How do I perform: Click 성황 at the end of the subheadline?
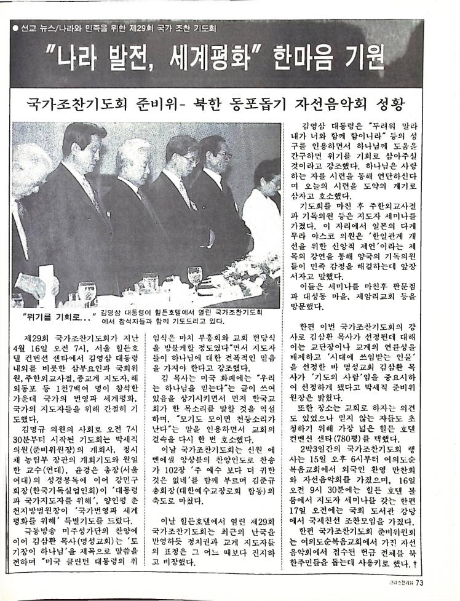(404, 103)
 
